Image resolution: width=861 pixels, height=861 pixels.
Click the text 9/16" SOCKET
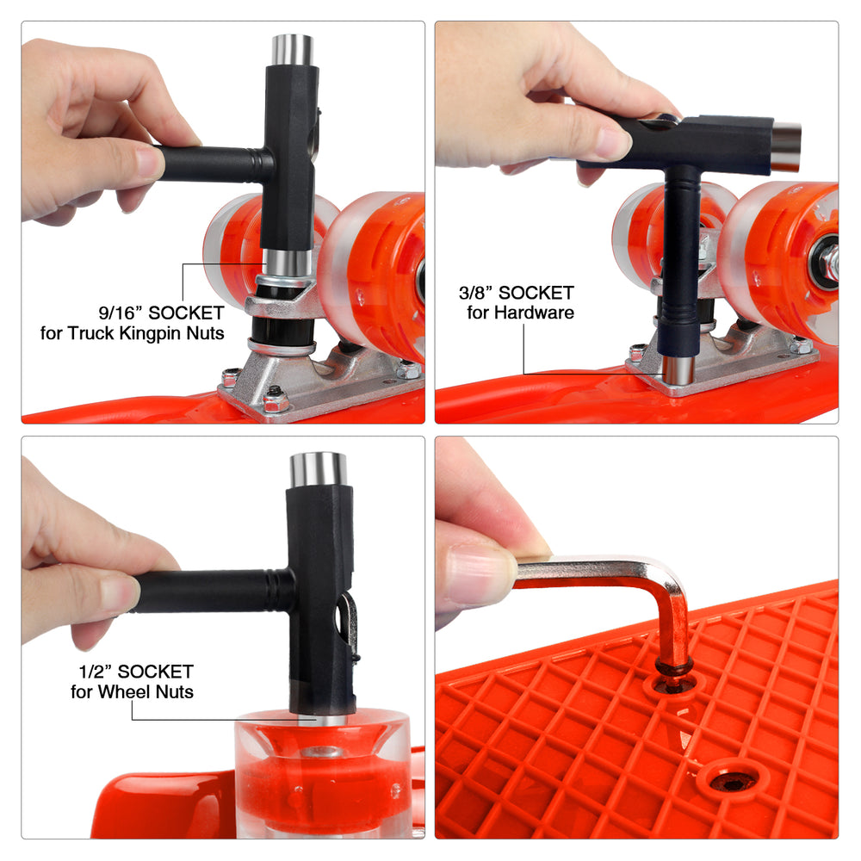pyautogui.click(x=162, y=313)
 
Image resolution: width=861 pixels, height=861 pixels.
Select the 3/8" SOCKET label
pyautogui.click(x=516, y=293)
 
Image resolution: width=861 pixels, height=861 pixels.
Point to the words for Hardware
pyautogui.click(x=521, y=313)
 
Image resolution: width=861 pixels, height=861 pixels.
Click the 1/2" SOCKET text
pyautogui.click(x=136, y=672)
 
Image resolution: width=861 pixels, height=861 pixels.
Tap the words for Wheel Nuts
pyautogui.click(x=133, y=691)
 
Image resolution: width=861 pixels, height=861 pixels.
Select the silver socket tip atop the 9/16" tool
pyautogui.click(x=293, y=50)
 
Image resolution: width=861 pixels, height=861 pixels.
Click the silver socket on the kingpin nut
pyautogui.click(x=287, y=263)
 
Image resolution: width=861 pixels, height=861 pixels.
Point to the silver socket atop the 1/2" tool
pyautogui.click(x=319, y=469)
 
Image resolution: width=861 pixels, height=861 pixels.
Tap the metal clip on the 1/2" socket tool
pyautogui.click(x=348, y=623)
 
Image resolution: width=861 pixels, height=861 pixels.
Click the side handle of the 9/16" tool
pyautogui.click(x=214, y=164)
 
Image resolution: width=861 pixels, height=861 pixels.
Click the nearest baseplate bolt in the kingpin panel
pyautogui.click(x=276, y=400)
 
